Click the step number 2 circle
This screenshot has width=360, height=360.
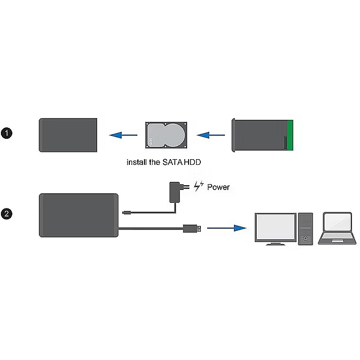tap(7, 214)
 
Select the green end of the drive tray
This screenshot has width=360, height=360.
tap(290, 135)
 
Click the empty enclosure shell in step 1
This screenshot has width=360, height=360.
tap(68, 135)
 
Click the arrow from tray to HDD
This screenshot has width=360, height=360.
tap(211, 135)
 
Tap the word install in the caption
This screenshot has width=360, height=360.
tap(136, 162)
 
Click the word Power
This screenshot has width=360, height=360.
tap(218, 187)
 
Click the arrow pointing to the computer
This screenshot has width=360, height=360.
tap(227, 228)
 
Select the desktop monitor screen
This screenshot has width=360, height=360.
tap(275, 227)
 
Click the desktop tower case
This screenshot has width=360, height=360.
tap(306, 229)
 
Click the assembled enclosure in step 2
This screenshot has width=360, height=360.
tap(78, 214)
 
